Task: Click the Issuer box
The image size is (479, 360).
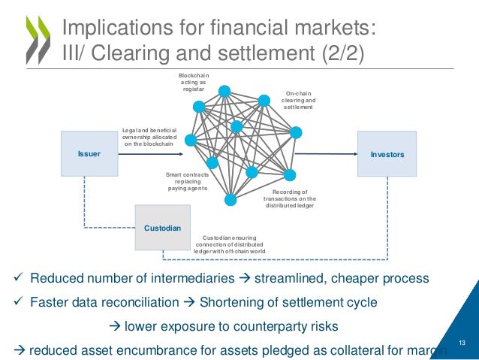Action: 89,154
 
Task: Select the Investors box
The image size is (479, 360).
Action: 387,154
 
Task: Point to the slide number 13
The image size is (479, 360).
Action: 462,343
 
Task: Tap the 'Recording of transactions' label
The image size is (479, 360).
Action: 289,198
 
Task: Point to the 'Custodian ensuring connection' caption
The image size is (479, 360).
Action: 230,244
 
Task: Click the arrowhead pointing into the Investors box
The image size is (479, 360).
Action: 354,155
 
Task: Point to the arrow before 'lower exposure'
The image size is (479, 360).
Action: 116,326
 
